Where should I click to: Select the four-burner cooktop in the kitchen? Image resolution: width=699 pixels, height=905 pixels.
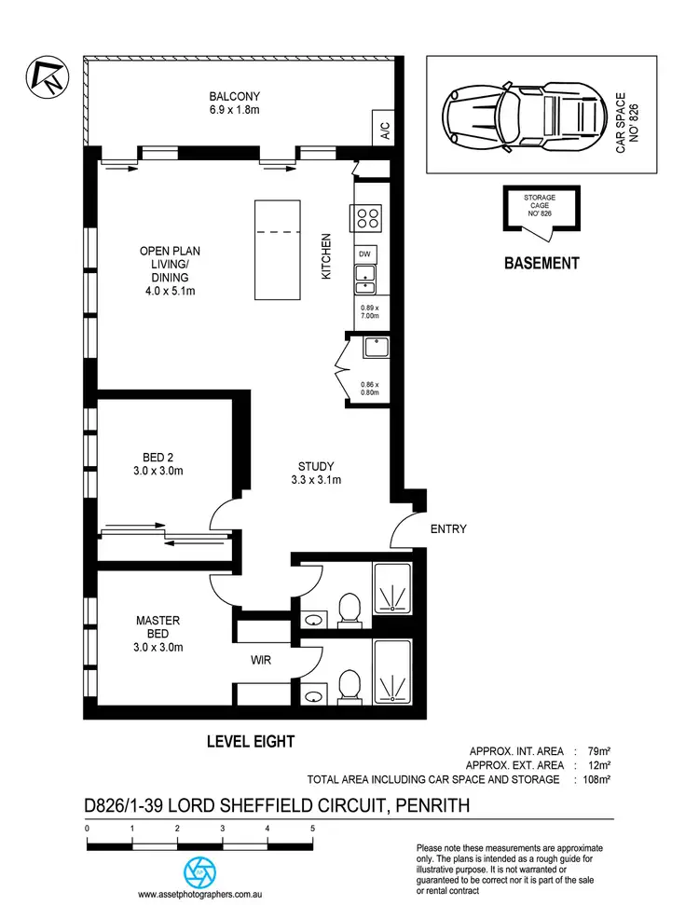pos(366,218)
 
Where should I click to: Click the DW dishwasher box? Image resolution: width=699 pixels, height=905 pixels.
pos(365,254)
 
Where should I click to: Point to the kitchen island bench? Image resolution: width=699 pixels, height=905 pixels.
pos(277,249)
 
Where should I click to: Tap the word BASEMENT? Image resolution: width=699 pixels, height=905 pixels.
pos(541,264)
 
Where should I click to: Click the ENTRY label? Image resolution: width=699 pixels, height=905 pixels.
pos(447,529)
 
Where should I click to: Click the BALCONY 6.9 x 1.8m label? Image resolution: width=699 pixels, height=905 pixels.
pos(234,103)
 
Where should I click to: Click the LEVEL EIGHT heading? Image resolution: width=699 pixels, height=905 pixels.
pos(250,742)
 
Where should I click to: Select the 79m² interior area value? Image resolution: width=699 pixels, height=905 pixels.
pos(598,749)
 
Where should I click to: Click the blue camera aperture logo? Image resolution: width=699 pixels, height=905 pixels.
pos(199,871)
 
